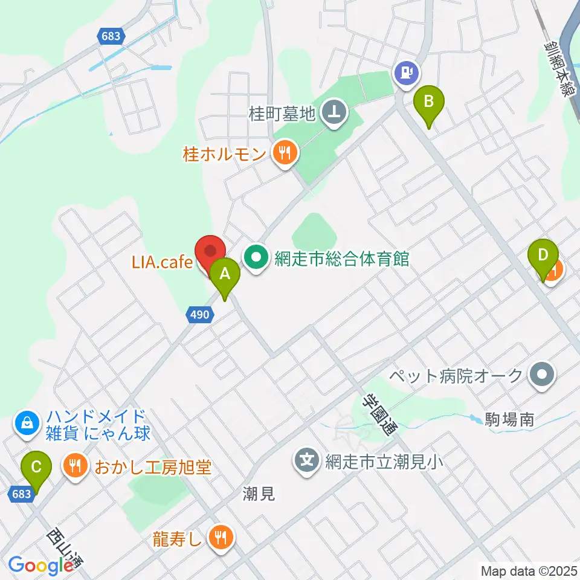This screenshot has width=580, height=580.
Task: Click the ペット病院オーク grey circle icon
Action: click(541, 375)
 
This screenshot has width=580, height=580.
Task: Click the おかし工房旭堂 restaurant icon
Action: click(74, 466)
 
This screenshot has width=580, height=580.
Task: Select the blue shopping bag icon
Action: click(28, 423)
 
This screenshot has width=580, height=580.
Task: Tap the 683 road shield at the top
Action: click(111, 37)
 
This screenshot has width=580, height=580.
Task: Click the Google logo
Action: click(40, 566)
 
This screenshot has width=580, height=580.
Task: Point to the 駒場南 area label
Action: click(509, 420)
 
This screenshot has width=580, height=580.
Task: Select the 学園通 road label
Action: click(377, 413)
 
